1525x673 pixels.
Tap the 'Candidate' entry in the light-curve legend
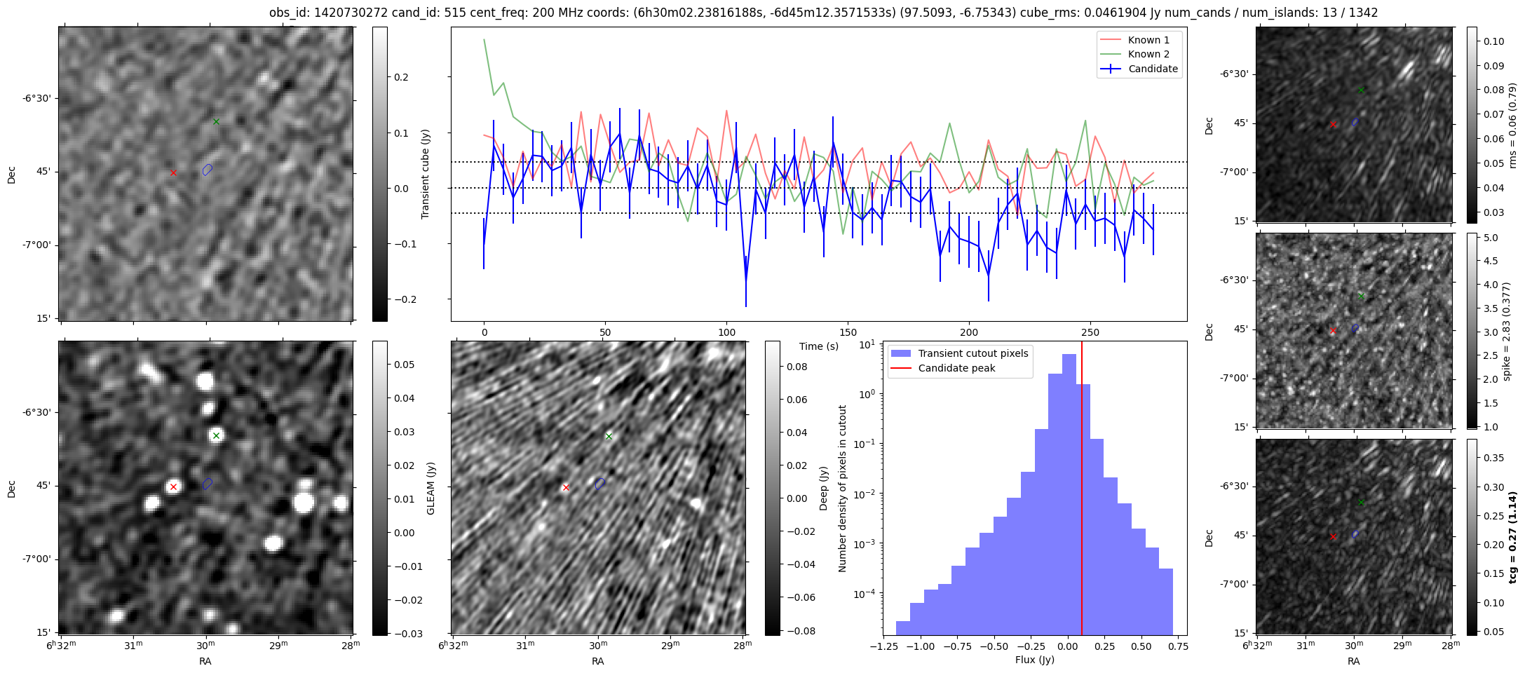(x=1153, y=69)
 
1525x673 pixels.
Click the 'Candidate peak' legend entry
(x=956, y=368)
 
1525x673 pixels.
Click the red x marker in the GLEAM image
(x=173, y=487)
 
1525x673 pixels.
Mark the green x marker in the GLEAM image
(x=216, y=436)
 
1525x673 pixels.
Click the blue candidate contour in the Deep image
(x=599, y=484)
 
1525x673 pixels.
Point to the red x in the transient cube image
(x=173, y=172)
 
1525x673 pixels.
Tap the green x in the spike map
(x=1361, y=296)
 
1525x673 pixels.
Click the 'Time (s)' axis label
(x=818, y=346)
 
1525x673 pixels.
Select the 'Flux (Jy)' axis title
(x=1034, y=660)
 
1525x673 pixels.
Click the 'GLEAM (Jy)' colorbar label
(x=431, y=488)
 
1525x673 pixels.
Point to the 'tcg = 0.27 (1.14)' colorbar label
(x=1512, y=538)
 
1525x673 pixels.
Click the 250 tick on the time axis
(x=1090, y=332)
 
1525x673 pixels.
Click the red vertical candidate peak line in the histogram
(x=1082, y=491)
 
